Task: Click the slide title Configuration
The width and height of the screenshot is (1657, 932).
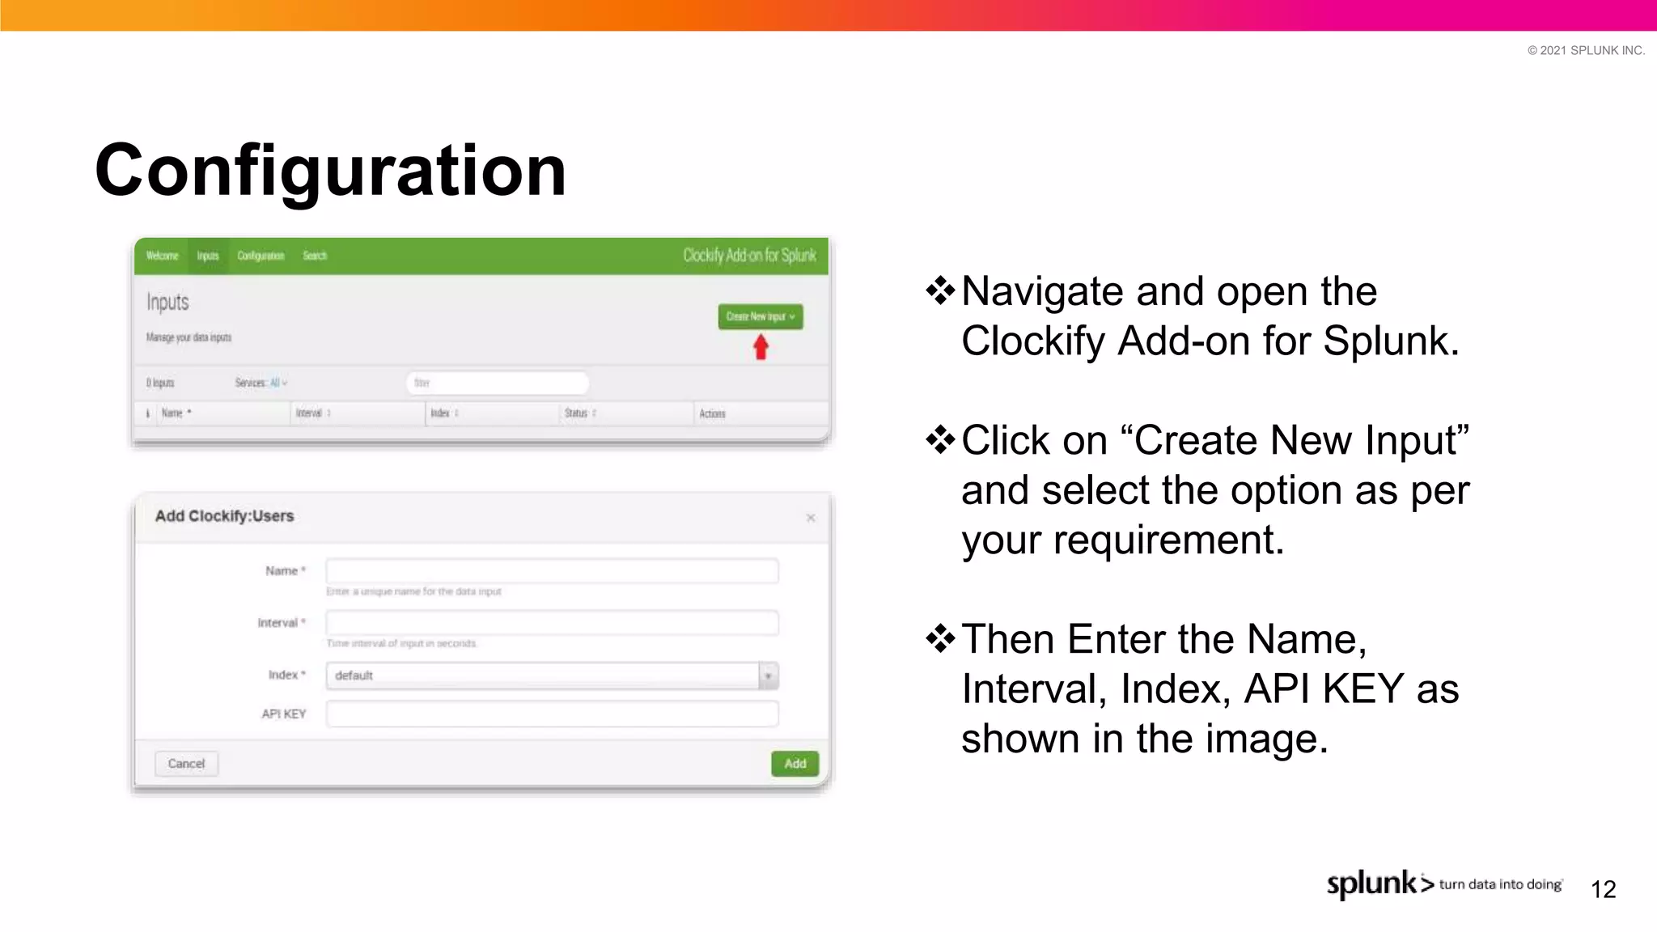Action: coord(330,171)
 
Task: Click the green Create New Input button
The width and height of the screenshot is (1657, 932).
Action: coord(760,316)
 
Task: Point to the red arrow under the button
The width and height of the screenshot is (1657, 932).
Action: coord(761,348)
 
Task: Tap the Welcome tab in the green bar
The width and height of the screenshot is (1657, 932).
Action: coord(162,256)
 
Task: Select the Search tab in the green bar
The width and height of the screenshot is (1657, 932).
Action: coord(315,256)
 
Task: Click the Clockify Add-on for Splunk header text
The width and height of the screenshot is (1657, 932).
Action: coord(749,256)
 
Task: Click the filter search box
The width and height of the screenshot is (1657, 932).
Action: coord(497,383)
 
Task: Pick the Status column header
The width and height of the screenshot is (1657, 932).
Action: coord(577,413)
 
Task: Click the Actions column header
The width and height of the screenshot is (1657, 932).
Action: coord(712,413)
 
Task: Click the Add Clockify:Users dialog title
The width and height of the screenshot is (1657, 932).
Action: coord(224,516)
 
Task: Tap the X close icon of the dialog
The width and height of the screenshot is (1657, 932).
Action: coord(811,518)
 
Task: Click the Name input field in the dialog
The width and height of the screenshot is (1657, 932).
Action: coord(552,571)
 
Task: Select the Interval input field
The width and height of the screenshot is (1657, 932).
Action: coord(552,623)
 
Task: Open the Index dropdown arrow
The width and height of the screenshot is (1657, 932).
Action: coord(769,676)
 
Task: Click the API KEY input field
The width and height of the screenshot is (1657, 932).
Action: coord(552,714)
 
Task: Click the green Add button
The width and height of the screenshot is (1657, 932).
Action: coord(795,764)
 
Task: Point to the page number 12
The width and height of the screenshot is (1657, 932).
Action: coord(1603,889)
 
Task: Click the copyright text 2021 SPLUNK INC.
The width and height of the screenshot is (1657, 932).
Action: coord(1586,50)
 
